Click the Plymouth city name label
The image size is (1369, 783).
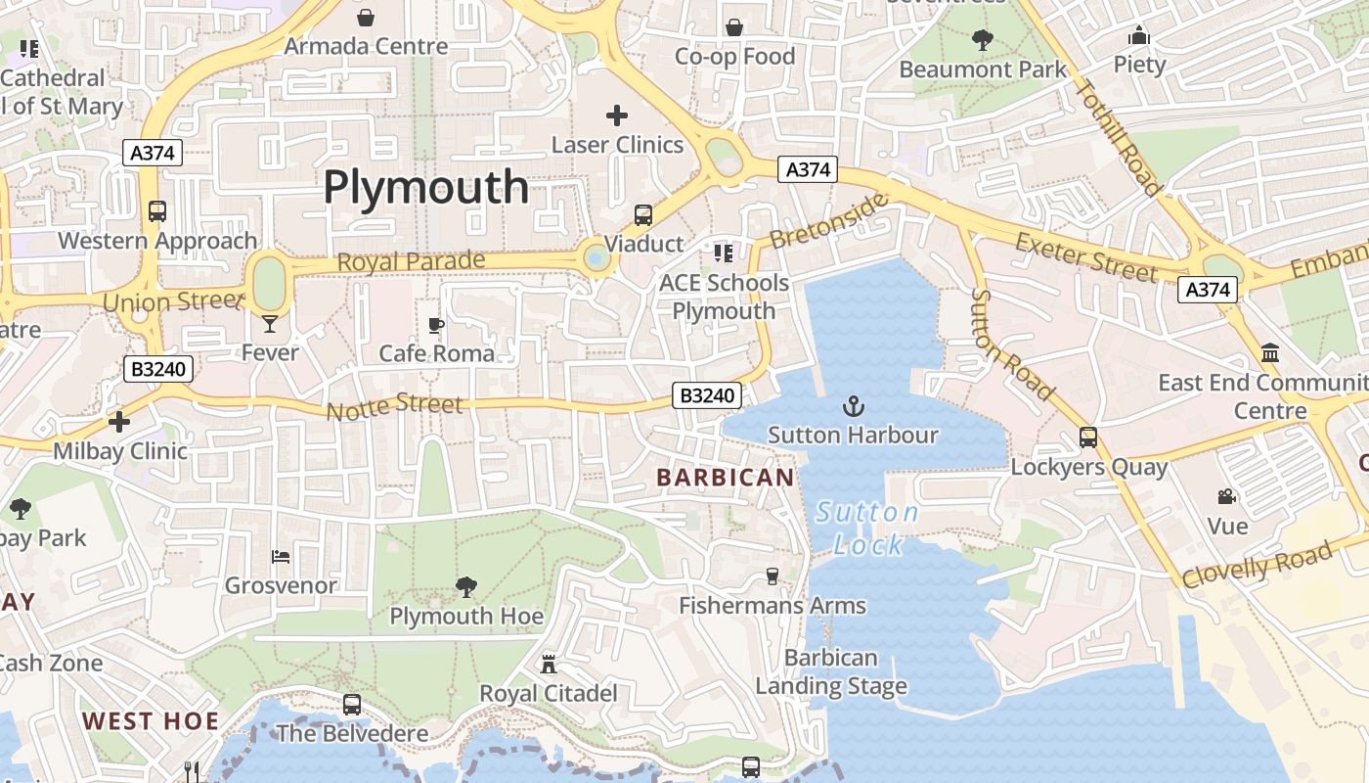pyautogui.click(x=425, y=186)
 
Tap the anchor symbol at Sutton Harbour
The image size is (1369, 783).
pyautogui.click(x=854, y=405)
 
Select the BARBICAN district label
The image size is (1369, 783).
pyautogui.click(x=725, y=478)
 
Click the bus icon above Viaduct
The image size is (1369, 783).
pyautogui.click(x=642, y=214)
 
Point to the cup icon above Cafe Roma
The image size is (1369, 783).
pyautogui.click(x=436, y=324)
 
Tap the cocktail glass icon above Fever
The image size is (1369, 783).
pyautogui.click(x=270, y=323)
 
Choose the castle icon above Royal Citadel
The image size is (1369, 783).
pyautogui.click(x=549, y=665)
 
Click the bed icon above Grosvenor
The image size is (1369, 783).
pyautogui.click(x=281, y=557)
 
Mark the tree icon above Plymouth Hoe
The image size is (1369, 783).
pyautogui.click(x=466, y=586)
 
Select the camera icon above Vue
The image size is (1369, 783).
pyautogui.click(x=1226, y=497)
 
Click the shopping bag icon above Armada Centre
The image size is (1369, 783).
pyautogui.click(x=366, y=18)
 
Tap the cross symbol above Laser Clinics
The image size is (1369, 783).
pyautogui.click(x=617, y=115)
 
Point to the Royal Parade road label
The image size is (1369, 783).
pyautogui.click(x=411, y=262)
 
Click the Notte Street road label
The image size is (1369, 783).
pyautogui.click(x=394, y=406)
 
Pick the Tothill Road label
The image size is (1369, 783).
pyautogui.click(x=1118, y=137)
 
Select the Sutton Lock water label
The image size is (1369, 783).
pyautogui.click(x=867, y=529)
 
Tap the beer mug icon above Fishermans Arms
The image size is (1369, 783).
pyautogui.click(x=773, y=576)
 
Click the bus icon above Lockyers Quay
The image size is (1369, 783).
pyautogui.click(x=1088, y=438)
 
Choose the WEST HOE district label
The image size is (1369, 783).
pyautogui.click(x=151, y=722)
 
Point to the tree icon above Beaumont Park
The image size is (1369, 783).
pyautogui.click(x=983, y=40)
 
